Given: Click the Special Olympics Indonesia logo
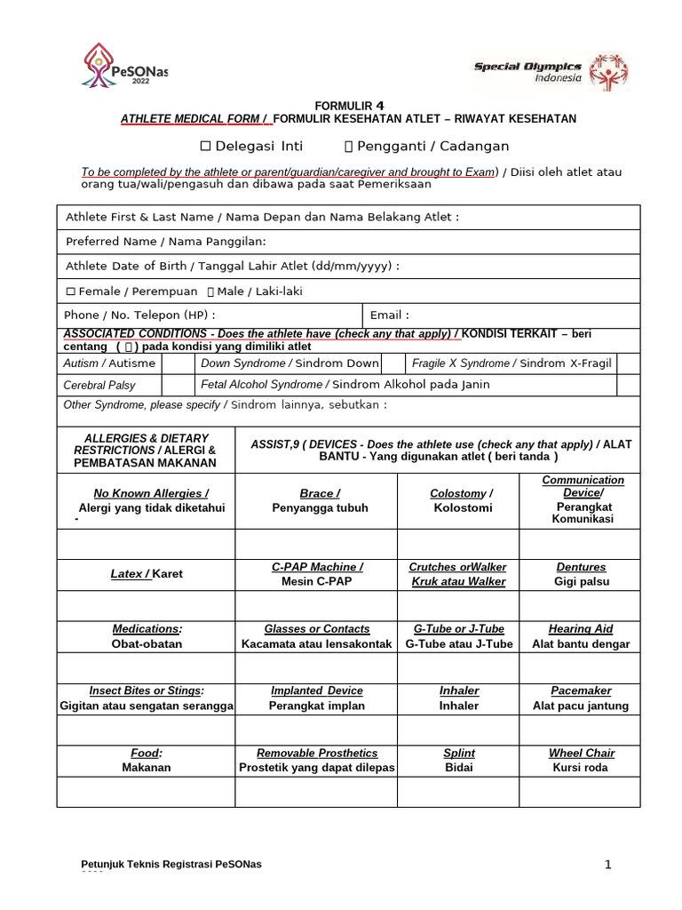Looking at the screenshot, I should pyautogui.click(x=551, y=71).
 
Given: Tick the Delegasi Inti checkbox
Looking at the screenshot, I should pyautogui.click(x=205, y=147).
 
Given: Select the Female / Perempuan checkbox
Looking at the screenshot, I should pyautogui.click(x=71, y=291).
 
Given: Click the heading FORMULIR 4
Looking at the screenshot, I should pyautogui.click(x=347, y=104).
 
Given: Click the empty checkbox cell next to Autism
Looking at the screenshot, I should pyautogui.click(x=178, y=363).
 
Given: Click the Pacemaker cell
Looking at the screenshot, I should pyautogui.click(x=579, y=698).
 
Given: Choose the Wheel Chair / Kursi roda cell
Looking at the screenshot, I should pyautogui.click(x=579, y=760).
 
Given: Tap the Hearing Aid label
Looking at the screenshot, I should pyautogui.click(x=579, y=629).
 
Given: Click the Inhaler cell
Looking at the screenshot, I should pyautogui.click(x=458, y=698).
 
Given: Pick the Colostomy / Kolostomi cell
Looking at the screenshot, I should pyautogui.click(x=458, y=500).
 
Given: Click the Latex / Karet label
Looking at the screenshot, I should pyautogui.click(x=146, y=574).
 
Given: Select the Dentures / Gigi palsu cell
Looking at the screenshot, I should pyautogui.click(x=579, y=574).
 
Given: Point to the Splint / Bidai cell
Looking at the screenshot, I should pyautogui.click(x=458, y=760).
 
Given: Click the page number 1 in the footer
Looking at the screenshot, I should pyautogui.click(x=608, y=864).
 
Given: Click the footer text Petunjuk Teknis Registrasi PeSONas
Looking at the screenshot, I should pyautogui.click(x=170, y=865).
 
